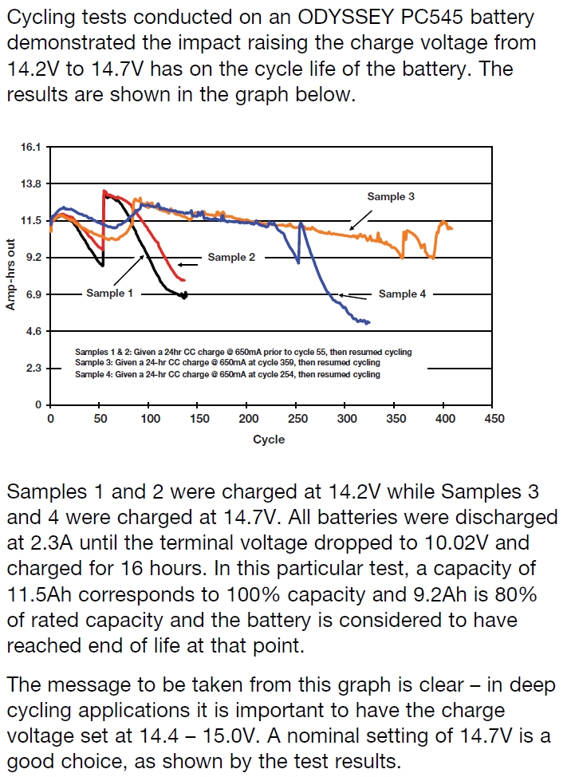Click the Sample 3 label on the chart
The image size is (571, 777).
(391, 196)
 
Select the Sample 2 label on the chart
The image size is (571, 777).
(231, 258)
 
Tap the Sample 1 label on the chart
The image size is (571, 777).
(110, 294)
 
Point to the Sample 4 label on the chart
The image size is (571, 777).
(402, 294)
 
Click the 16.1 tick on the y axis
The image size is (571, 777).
(31, 148)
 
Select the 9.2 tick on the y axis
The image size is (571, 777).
(33, 258)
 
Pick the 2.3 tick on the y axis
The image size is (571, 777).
(33, 369)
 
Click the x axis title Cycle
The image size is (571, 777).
(269, 440)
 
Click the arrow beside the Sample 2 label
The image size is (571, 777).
(190, 264)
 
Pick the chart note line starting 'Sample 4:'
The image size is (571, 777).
(227, 374)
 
